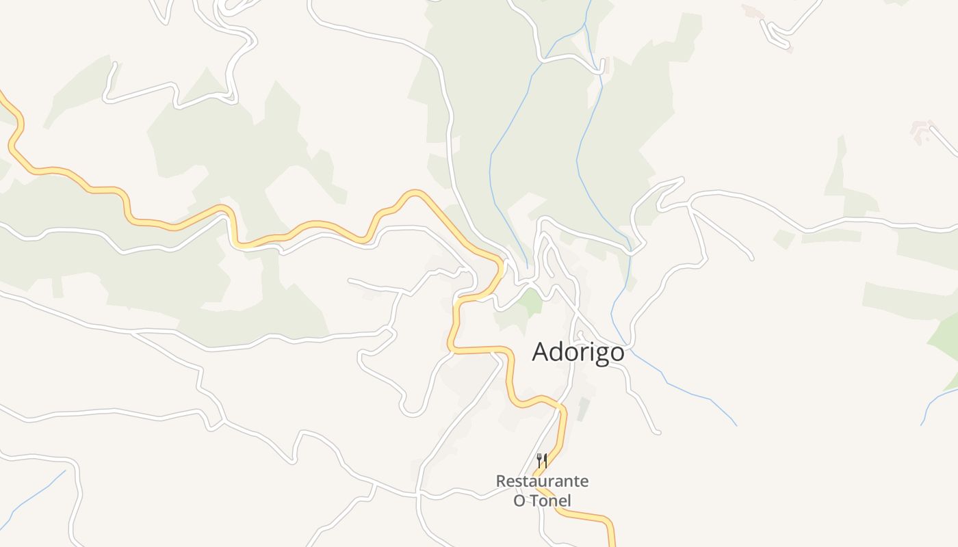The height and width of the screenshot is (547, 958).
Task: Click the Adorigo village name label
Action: pyautogui.click(x=578, y=352)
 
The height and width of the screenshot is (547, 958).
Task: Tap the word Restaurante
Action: pyautogui.click(x=542, y=481)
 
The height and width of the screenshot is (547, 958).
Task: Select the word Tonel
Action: pyautogui.click(x=552, y=501)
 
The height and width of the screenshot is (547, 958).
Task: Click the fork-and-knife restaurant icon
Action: pyautogui.click(x=542, y=461)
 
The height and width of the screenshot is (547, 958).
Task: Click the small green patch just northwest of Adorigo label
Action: pyautogui.click(x=530, y=302)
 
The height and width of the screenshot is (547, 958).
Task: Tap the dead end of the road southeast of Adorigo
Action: pyautogui.click(x=658, y=432)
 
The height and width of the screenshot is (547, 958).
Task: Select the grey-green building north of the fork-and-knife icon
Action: pyautogui.click(x=583, y=409)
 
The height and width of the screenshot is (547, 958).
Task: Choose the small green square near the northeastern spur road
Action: pyautogui.click(x=783, y=239)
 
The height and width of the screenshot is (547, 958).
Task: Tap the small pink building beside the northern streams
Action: pyautogui.click(x=603, y=65)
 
